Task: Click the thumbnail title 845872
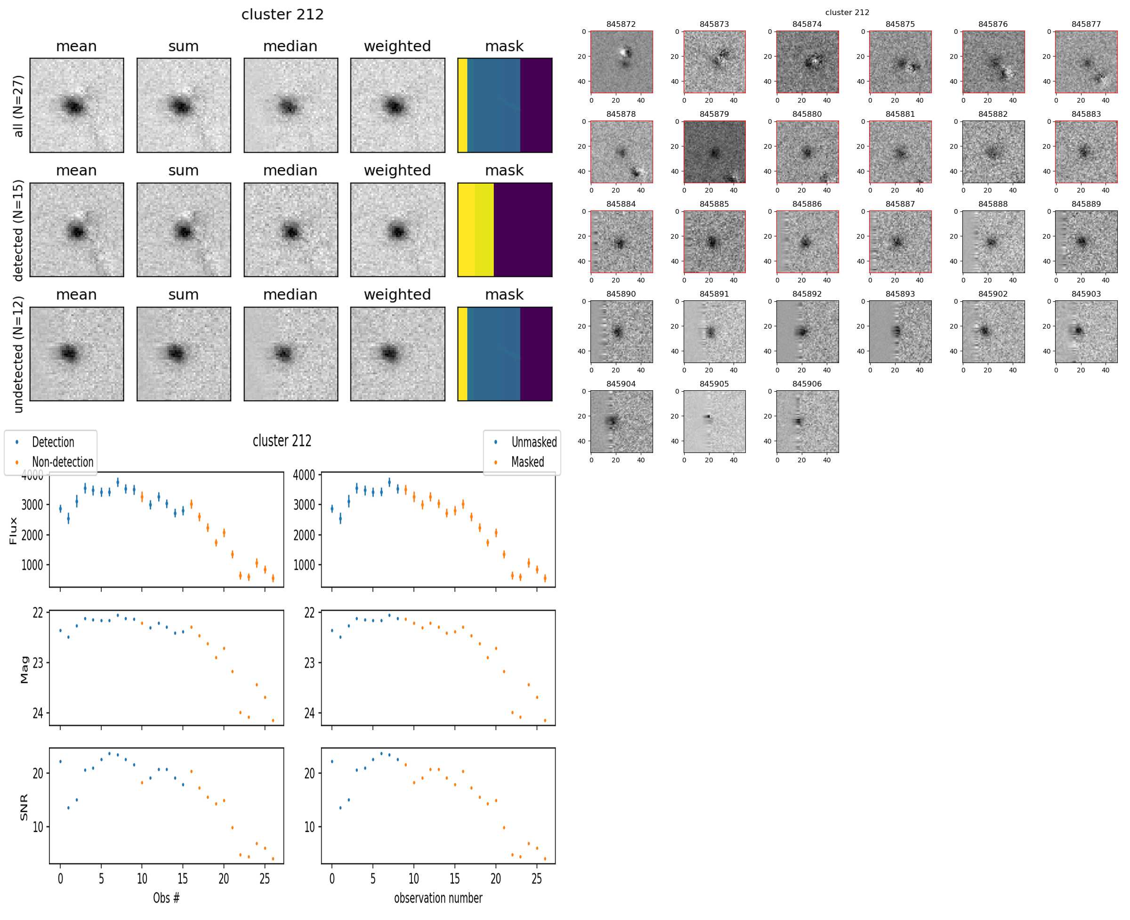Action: coord(621,24)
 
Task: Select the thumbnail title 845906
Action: coord(807,384)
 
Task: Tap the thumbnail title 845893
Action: coord(900,294)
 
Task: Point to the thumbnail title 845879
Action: coord(714,114)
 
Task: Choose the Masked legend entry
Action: coord(527,462)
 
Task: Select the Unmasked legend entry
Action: coord(533,442)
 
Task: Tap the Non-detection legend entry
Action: coord(62,462)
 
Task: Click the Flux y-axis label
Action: coord(13,531)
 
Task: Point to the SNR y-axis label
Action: coord(24,807)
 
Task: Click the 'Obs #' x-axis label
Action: coord(166,898)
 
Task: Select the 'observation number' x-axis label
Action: coord(438,898)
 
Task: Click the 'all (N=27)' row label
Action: coord(18,106)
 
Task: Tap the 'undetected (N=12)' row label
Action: coord(18,354)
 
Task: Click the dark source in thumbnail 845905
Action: coord(708,417)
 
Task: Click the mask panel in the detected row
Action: coord(505,230)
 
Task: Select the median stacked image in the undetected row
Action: coord(291,354)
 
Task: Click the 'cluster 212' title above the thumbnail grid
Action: coord(847,12)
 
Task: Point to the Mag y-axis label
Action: coord(24,670)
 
